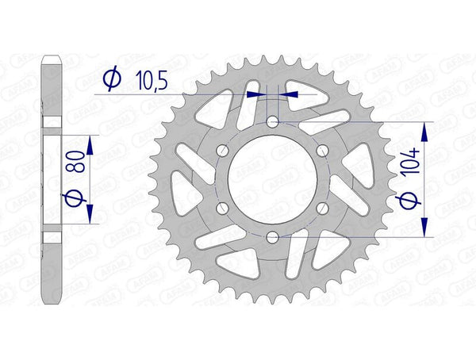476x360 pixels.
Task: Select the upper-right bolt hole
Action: click(x=322, y=150)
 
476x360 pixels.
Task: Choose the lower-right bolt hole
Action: click(x=322, y=207)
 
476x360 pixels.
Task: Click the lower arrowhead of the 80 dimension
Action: click(x=90, y=213)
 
